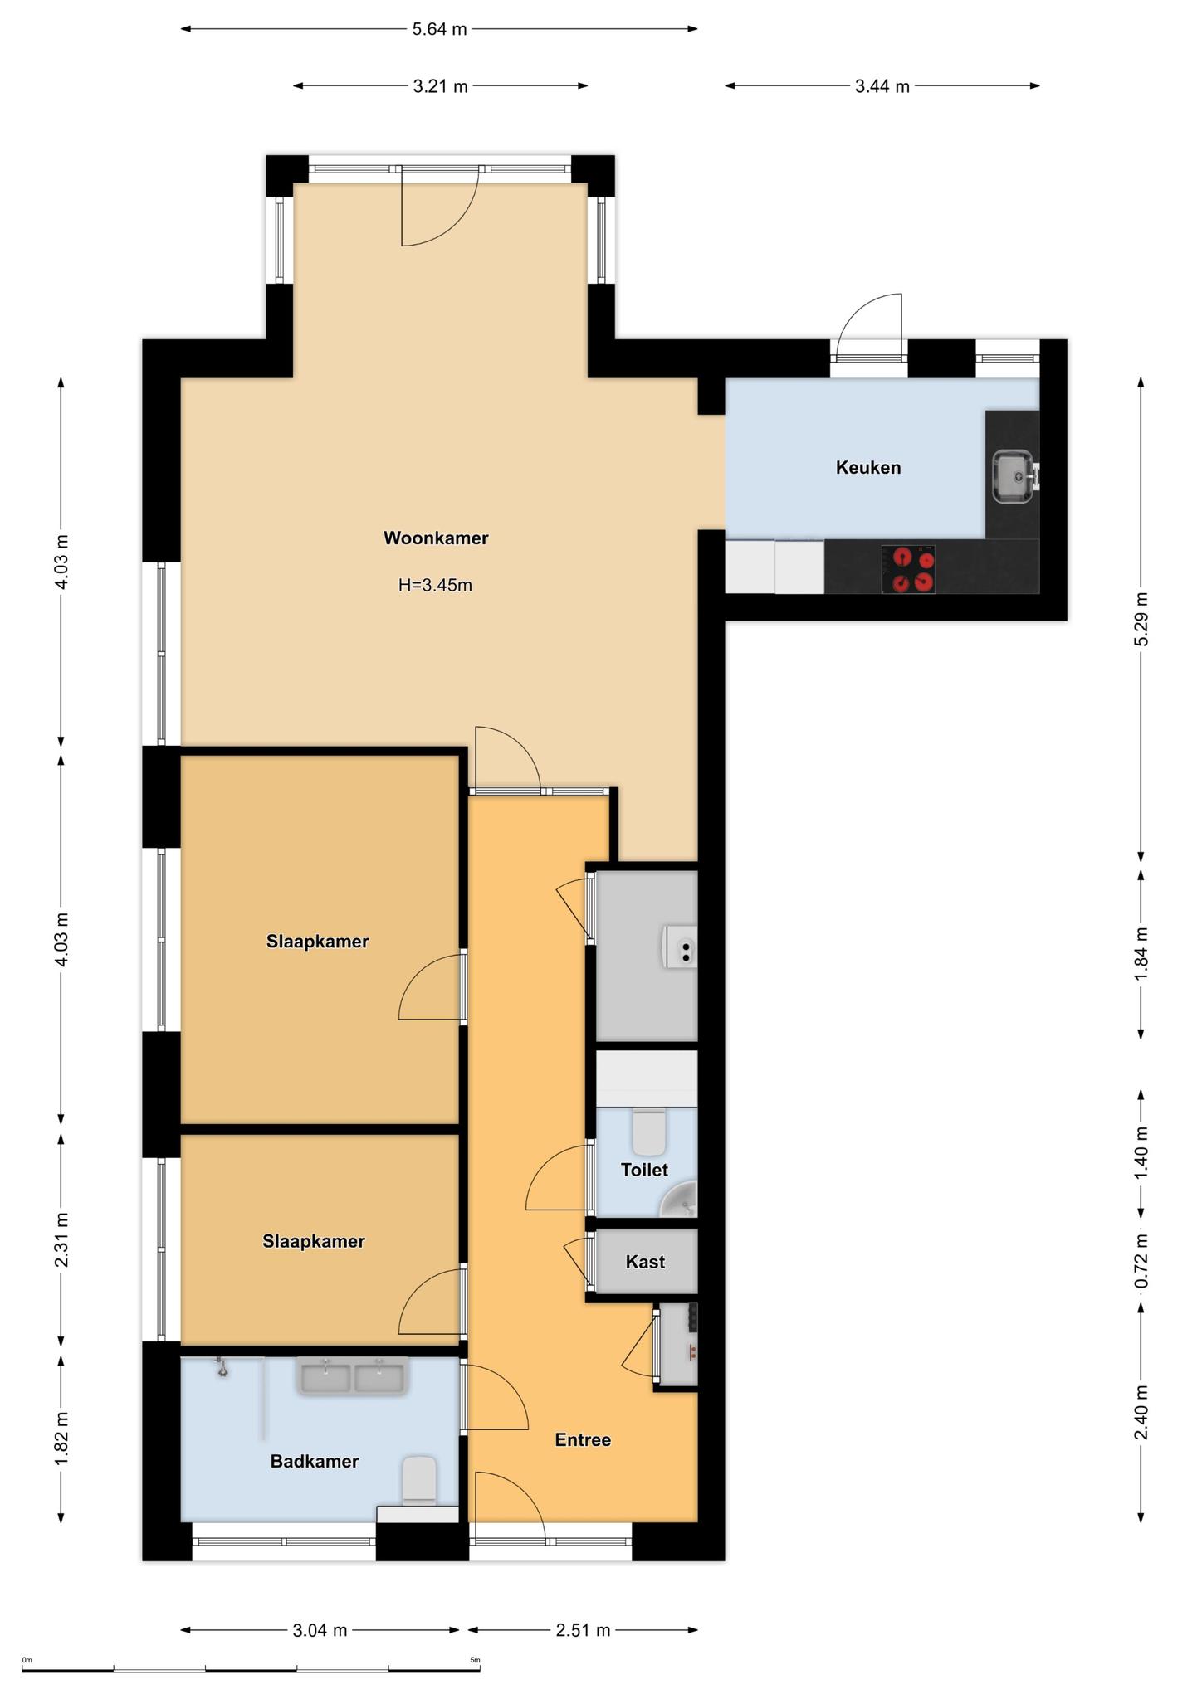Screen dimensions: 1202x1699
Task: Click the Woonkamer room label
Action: pyautogui.click(x=436, y=538)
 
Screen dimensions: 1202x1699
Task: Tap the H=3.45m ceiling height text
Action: pyautogui.click(x=435, y=585)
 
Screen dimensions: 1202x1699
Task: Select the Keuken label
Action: pyautogui.click(x=868, y=467)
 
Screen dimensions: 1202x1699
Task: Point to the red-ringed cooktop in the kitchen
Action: pyautogui.click(x=908, y=569)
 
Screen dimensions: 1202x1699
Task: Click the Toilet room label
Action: pyautogui.click(x=644, y=1170)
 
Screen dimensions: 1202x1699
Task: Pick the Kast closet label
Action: pyautogui.click(x=645, y=1262)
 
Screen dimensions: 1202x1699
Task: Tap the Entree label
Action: pyautogui.click(x=583, y=1440)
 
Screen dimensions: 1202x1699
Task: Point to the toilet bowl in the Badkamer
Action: pyautogui.click(x=419, y=1481)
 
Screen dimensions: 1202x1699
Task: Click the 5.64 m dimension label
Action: pyautogui.click(x=440, y=29)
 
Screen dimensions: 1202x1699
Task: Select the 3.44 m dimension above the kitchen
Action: pyautogui.click(x=882, y=85)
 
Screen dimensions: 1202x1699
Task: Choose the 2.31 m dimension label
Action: pyautogui.click(x=61, y=1239)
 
